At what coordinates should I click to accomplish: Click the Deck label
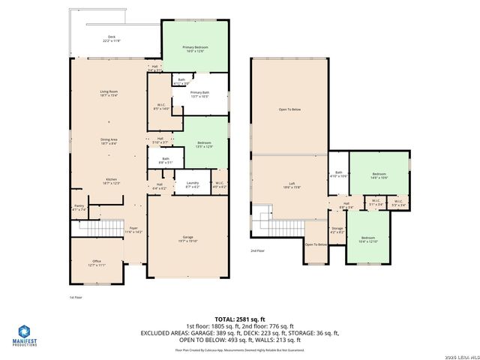[x=112, y=38]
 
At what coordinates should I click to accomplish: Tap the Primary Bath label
[x=199, y=94]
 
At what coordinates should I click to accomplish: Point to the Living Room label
[x=109, y=93]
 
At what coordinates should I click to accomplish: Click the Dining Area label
[x=109, y=140]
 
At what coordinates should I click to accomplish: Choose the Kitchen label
[x=109, y=181]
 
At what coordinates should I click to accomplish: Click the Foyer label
[x=133, y=229]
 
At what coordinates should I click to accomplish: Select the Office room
[x=97, y=262]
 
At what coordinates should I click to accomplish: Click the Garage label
[x=187, y=239]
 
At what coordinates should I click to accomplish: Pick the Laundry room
[x=192, y=184]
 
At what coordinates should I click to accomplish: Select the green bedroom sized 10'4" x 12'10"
[x=368, y=240]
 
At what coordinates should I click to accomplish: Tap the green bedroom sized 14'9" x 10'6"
[x=379, y=175]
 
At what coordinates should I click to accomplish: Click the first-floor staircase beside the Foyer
[x=100, y=228]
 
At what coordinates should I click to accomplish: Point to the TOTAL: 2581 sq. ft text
[x=240, y=319]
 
